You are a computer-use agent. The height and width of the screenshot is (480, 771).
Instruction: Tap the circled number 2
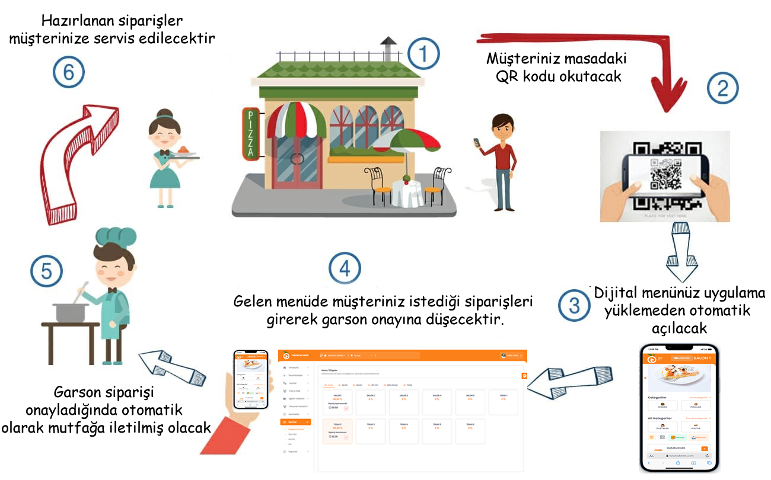pos(722,89)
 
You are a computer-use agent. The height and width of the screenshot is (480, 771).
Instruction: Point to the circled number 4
pos(345,268)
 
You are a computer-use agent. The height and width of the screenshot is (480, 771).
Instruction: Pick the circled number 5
pos(47,271)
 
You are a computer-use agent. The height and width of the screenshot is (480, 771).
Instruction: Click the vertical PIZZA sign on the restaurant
pos(250,135)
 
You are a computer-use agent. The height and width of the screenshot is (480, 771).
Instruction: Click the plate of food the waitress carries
pos(184,153)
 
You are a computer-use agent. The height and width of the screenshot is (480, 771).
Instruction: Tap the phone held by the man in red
pos(476,144)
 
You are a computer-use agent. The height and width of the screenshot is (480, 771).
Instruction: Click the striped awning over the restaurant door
pos(296,119)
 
